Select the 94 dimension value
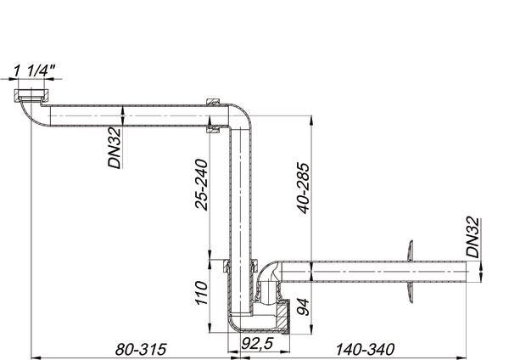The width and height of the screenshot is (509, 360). tap(303, 303)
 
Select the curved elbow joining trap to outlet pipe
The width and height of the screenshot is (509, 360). tap(270, 277)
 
